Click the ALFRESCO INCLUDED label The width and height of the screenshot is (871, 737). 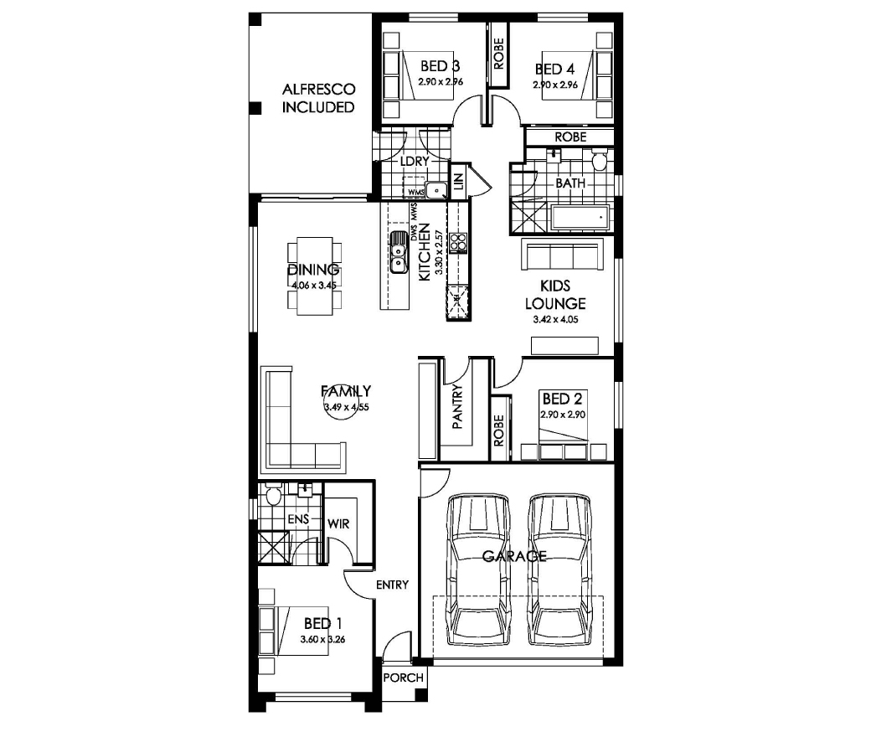[x=318, y=98]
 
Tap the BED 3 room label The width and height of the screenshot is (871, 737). [x=440, y=66]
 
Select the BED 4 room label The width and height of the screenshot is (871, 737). [x=554, y=69]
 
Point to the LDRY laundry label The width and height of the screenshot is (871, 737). [x=415, y=161]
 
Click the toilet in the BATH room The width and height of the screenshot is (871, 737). [x=600, y=159]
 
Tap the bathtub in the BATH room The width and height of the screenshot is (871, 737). [x=580, y=217]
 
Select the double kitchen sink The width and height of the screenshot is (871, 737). [x=399, y=253]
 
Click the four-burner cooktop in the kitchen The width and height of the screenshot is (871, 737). [x=458, y=243]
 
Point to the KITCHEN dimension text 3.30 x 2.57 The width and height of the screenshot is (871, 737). [x=439, y=253]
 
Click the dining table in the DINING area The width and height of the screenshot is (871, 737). [x=314, y=276]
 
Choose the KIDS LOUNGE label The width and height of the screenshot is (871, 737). [x=555, y=294]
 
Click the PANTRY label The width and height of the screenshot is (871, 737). [x=457, y=406]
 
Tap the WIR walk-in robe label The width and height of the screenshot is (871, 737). [x=338, y=523]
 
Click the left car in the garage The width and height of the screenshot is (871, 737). [x=477, y=569]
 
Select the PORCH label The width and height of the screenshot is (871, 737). [x=404, y=678]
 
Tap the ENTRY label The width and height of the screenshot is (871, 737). [x=392, y=585]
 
